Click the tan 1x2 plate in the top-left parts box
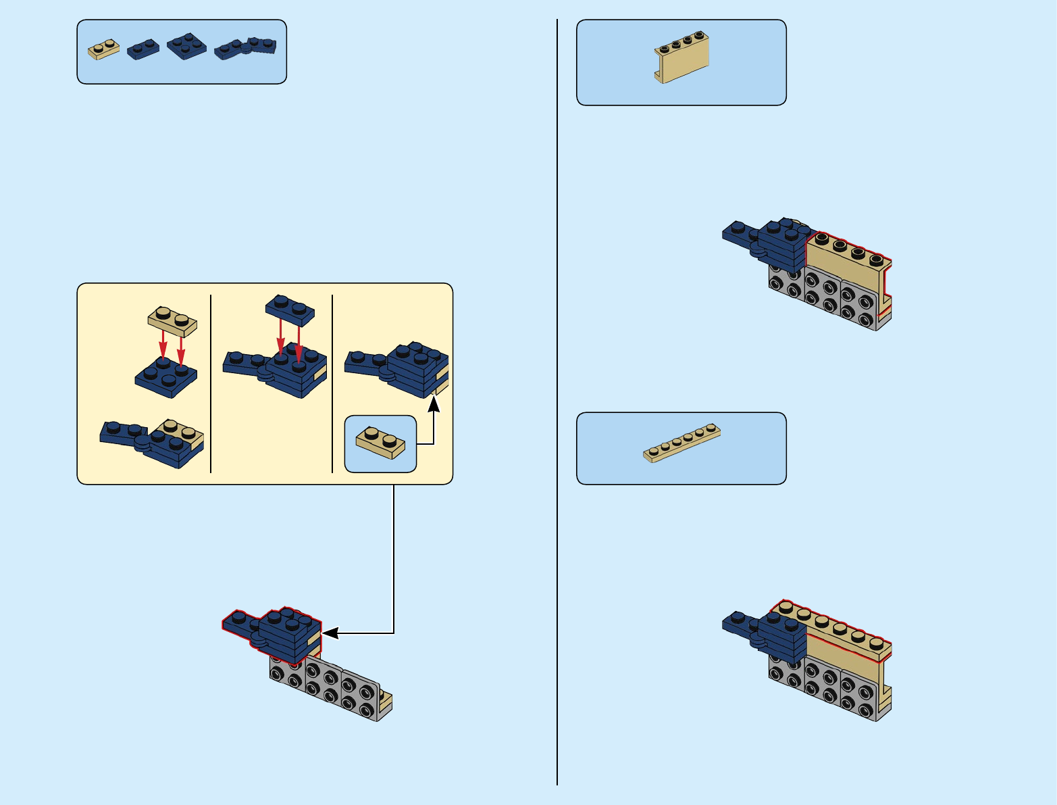coord(103,49)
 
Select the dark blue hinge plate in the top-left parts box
coord(245,48)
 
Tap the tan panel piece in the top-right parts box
coord(681,57)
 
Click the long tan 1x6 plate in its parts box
coord(681,443)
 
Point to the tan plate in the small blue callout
coord(380,443)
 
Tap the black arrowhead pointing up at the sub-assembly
coord(434,404)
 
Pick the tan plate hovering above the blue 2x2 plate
coord(172,321)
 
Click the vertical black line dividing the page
coord(557,406)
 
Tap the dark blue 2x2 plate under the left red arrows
coord(166,376)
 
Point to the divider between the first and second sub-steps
coord(211,383)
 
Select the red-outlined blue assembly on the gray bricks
coord(274,634)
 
